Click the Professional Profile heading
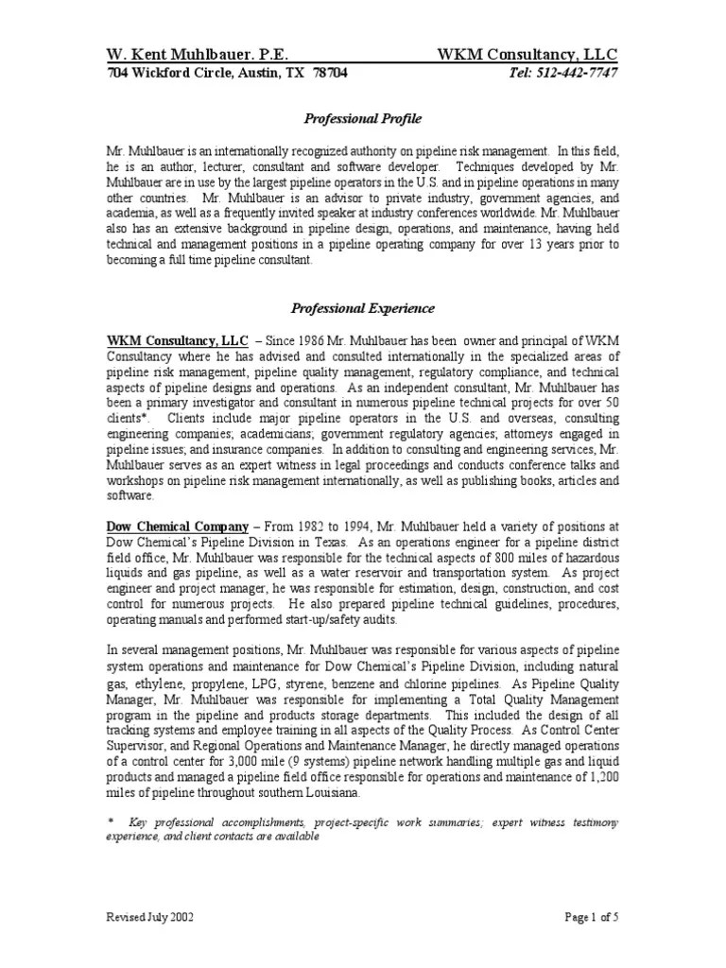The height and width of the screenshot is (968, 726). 362,119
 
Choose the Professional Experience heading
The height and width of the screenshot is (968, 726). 362,308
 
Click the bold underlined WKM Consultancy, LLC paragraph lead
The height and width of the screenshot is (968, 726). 178,339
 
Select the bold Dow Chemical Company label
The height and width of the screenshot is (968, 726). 178,525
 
